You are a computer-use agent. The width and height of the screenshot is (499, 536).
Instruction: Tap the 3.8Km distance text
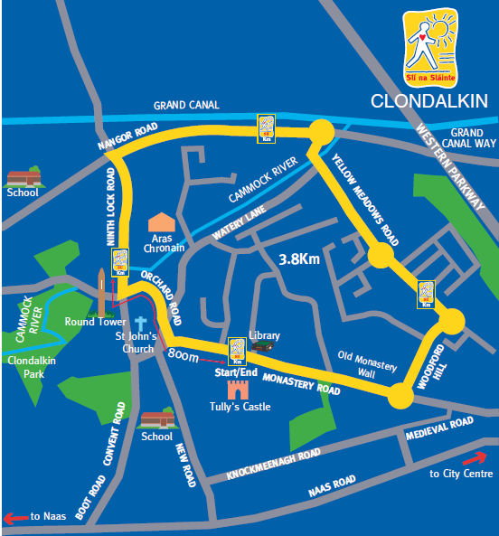click(x=299, y=259)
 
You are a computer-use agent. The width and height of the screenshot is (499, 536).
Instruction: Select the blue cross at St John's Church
click(x=140, y=323)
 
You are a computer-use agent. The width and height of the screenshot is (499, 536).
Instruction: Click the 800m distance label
click(x=184, y=356)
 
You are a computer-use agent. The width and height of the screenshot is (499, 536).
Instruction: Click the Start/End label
click(x=236, y=372)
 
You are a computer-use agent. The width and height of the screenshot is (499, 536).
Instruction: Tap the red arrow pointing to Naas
click(x=15, y=517)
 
